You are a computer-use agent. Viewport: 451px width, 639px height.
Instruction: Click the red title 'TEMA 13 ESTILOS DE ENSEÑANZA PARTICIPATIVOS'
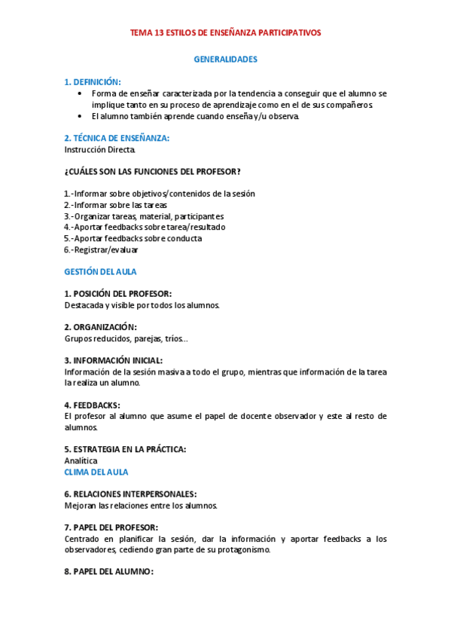(x=225, y=33)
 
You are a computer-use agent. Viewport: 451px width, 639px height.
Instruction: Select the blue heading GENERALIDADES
(x=225, y=58)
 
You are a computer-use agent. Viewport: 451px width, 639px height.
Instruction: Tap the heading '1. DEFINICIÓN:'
(x=93, y=81)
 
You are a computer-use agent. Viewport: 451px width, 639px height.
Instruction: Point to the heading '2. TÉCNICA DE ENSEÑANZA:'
(x=117, y=138)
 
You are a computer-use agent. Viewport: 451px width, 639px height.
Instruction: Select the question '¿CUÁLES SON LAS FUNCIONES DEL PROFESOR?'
(x=152, y=171)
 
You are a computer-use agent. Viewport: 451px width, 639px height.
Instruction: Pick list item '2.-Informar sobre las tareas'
(x=115, y=205)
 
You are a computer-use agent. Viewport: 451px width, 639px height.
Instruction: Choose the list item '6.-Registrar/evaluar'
(x=101, y=249)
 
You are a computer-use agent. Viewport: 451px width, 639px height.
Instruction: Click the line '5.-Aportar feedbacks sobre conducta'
(x=133, y=238)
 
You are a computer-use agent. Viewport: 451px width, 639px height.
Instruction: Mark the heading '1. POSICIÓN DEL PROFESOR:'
(x=117, y=293)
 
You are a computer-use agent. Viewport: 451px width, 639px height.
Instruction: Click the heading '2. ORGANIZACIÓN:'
(x=100, y=327)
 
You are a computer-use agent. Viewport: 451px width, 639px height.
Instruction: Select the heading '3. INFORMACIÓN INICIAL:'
(x=113, y=360)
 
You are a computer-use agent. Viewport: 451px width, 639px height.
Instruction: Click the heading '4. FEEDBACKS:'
(x=92, y=405)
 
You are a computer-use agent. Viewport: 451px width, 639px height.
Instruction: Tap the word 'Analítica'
(x=81, y=460)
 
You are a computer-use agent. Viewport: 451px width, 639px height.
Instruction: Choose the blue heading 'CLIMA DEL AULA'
(x=96, y=472)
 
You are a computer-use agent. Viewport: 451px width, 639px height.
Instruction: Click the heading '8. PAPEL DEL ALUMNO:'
(x=108, y=572)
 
